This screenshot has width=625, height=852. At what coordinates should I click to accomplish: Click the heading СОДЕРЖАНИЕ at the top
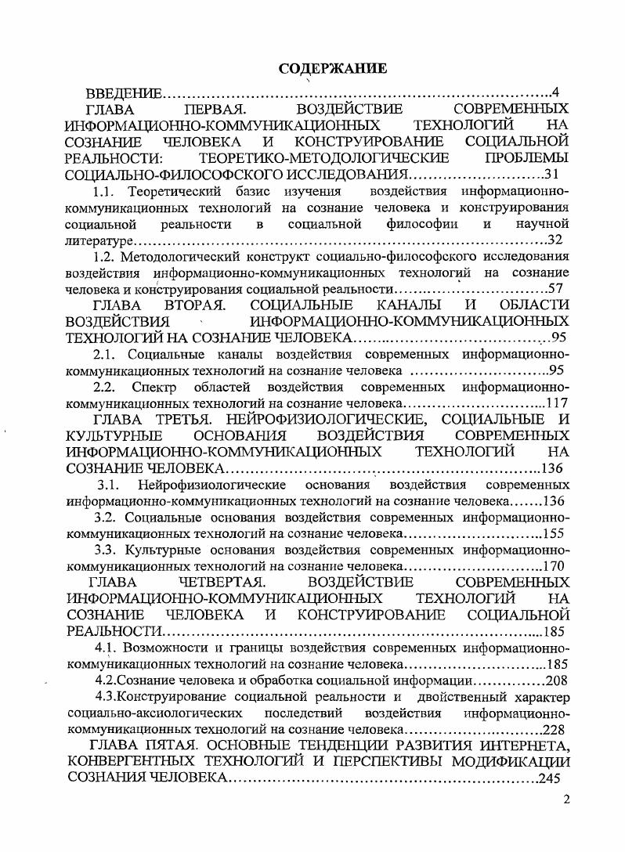coord(332,68)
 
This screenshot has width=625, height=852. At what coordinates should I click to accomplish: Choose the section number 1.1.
coord(105,191)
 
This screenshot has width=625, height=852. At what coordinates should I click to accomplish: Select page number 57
coord(555,289)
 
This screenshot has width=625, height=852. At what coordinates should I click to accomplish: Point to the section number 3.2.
coord(106,517)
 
